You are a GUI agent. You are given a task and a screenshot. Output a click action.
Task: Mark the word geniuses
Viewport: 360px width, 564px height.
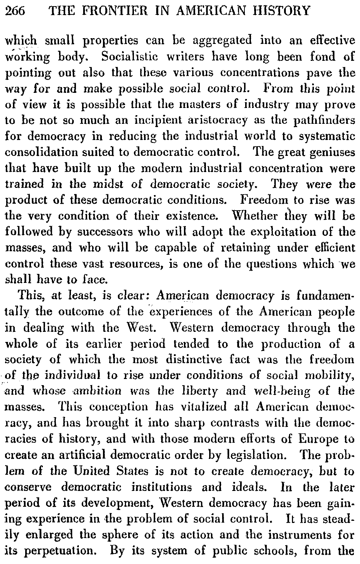click(x=332, y=152)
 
